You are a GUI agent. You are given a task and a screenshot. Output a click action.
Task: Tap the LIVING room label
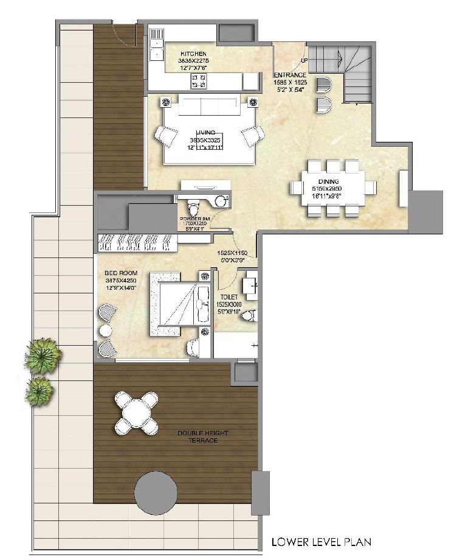click(x=202, y=131)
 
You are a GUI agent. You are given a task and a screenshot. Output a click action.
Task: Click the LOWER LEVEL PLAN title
click(x=321, y=541)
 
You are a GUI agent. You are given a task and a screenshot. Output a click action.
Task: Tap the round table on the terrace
click(x=137, y=413)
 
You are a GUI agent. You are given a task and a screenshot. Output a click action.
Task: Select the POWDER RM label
click(x=194, y=218)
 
